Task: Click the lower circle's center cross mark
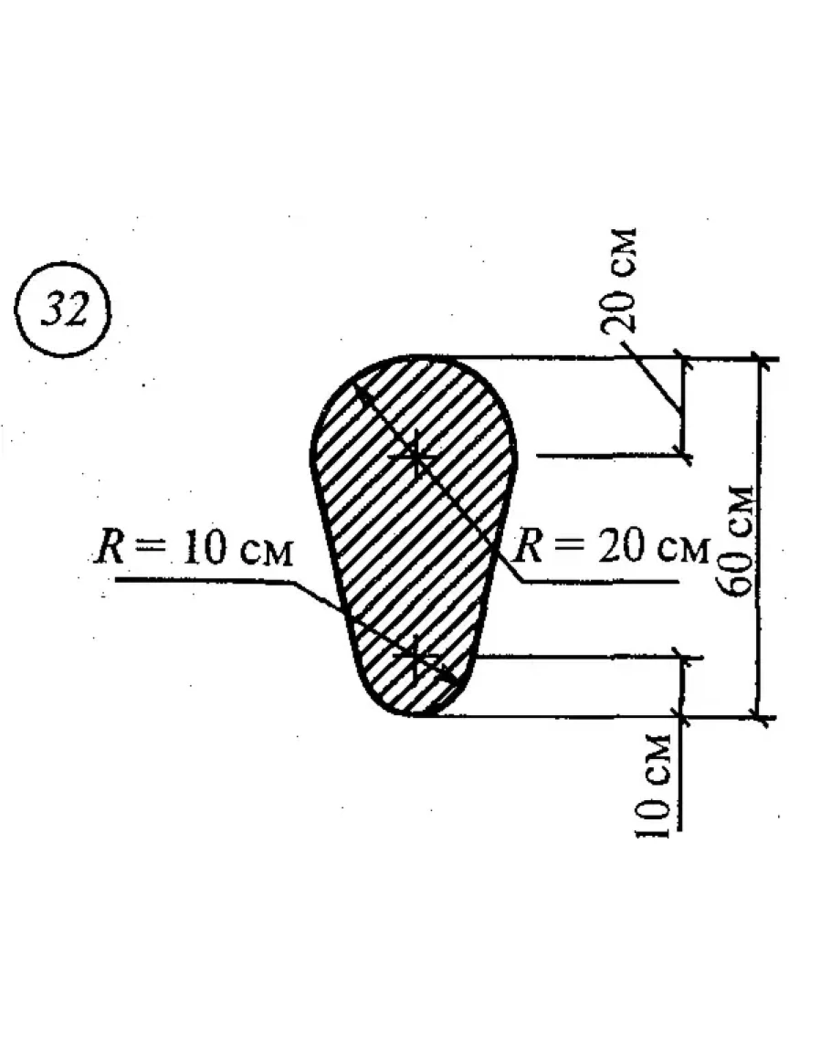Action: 415,657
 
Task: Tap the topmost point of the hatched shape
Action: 415,357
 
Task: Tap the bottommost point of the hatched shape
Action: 415,715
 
